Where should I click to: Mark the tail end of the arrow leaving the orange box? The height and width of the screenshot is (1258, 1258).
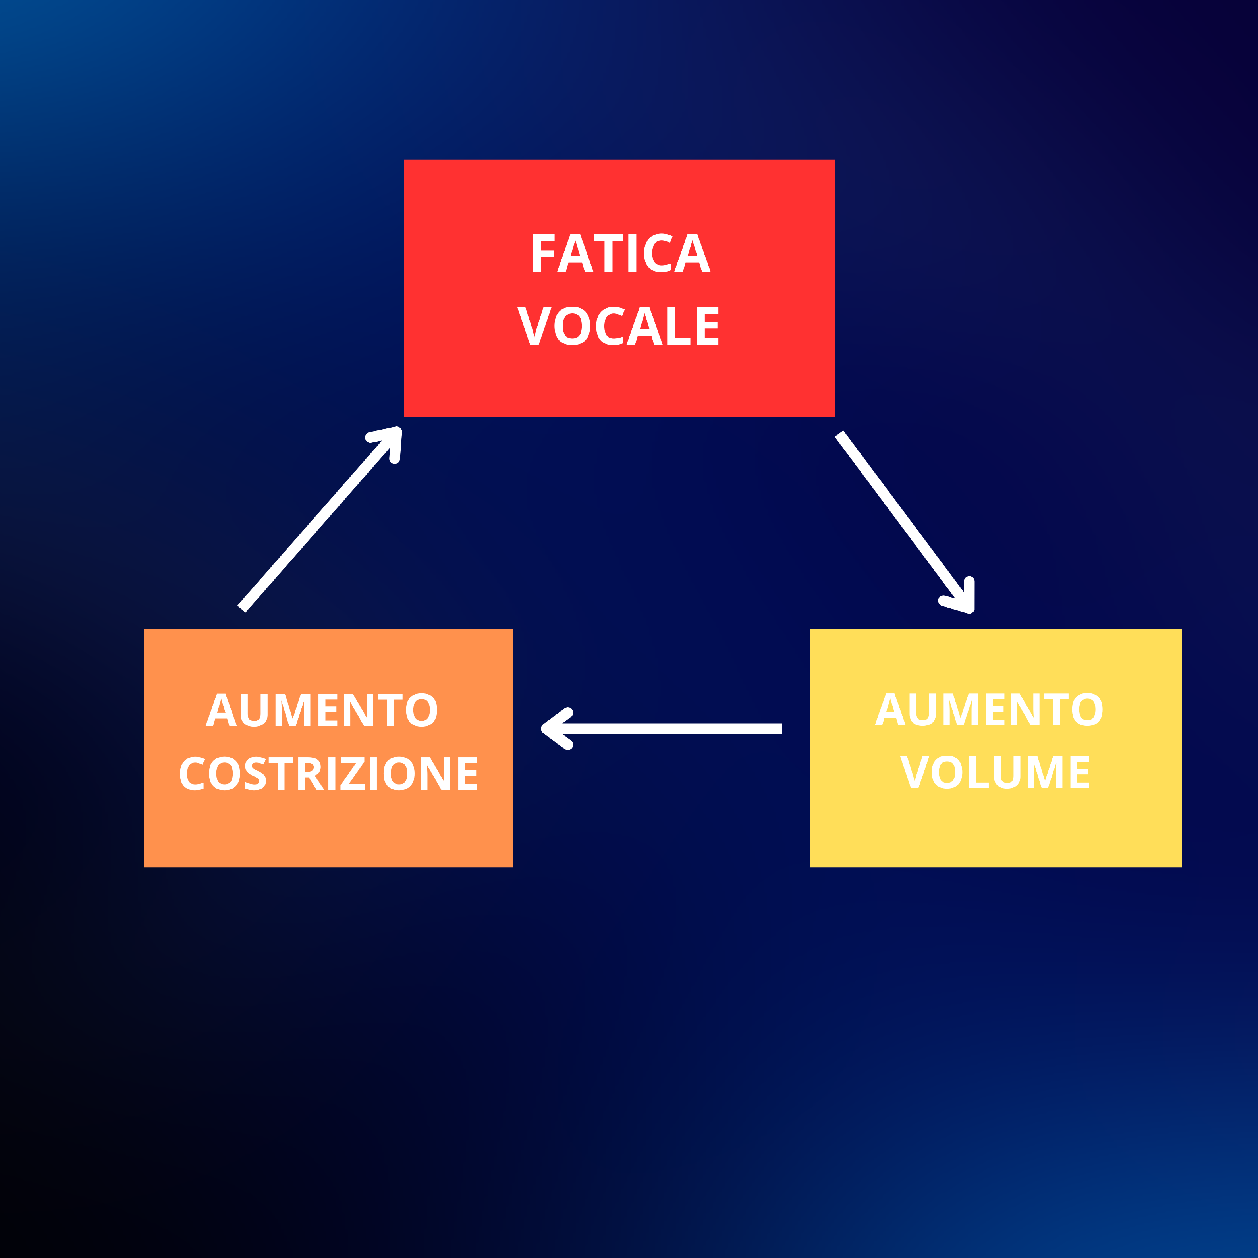[241, 608]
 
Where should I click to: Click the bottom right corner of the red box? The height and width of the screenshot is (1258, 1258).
[834, 417]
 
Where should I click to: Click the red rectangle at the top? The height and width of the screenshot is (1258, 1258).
[619, 288]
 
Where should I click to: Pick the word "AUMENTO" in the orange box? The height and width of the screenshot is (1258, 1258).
[322, 710]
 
